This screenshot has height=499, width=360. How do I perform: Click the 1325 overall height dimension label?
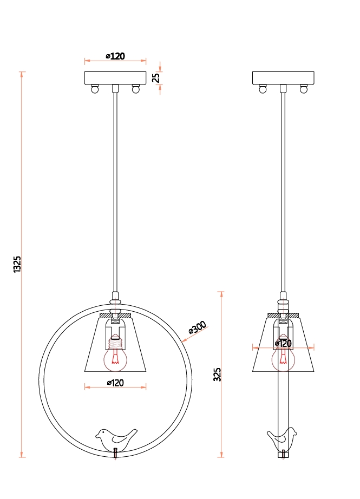(x=17, y=264)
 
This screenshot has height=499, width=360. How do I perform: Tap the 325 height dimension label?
(x=217, y=375)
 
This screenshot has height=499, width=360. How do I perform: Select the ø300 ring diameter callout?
(x=198, y=327)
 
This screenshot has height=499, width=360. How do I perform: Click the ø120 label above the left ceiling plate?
(x=115, y=56)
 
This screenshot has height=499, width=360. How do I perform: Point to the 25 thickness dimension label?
(x=156, y=77)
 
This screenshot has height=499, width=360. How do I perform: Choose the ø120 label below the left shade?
(x=115, y=383)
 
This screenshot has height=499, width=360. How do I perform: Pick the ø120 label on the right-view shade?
(x=283, y=343)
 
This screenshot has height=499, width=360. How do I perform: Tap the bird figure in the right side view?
(x=282, y=439)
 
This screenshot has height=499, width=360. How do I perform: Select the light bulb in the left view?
(x=115, y=356)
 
